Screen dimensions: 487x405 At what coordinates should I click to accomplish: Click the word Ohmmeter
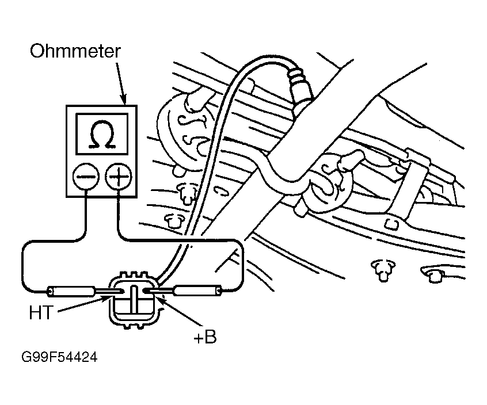click(x=75, y=51)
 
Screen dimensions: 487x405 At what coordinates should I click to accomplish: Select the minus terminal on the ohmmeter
click(x=86, y=176)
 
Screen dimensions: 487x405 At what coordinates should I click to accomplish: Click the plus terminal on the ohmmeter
click(x=119, y=176)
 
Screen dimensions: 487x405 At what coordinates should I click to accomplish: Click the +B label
click(x=205, y=337)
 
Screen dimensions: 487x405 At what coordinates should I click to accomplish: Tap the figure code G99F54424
click(x=59, y=357)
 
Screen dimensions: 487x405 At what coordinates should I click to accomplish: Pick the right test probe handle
click(x=198, y=291)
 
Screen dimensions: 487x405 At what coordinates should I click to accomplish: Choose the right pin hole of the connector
click(x=146, y=291)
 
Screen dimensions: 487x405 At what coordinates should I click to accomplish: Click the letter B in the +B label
click(x=211, y=337)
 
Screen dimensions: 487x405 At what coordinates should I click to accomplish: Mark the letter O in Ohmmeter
click(x=37, y=51)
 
